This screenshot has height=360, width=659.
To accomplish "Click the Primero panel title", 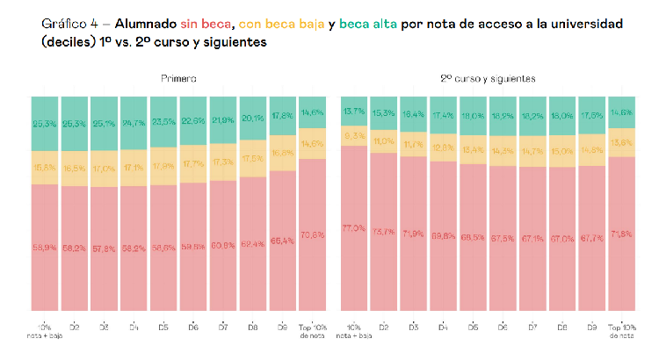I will click(x=178, y=79).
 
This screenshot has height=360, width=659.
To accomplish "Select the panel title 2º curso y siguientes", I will click(x=489, y=79).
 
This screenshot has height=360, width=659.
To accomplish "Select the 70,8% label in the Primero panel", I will click(x=314, y=235).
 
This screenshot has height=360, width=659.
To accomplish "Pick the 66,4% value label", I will click(x=284, y=241).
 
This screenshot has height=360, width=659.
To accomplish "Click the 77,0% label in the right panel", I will click(x=354, y=228).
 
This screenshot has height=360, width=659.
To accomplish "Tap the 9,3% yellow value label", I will click(x=354, y=135).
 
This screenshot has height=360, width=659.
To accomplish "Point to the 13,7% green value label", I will click(x=354, y=111).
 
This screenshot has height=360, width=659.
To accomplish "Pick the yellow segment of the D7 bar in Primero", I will click(x=223, y=162).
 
